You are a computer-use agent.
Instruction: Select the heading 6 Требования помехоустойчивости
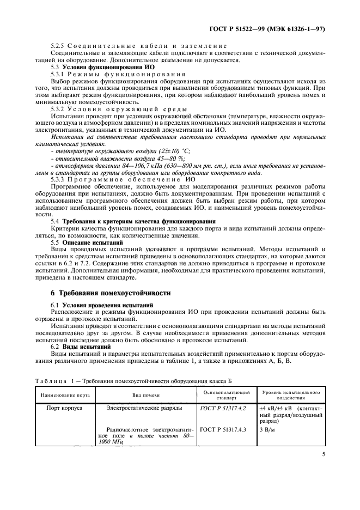[111, 293]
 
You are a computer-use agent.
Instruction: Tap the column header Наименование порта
[62, 394]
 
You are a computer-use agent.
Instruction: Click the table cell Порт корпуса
[63, 408]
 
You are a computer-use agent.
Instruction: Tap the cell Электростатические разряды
[144, 408]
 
